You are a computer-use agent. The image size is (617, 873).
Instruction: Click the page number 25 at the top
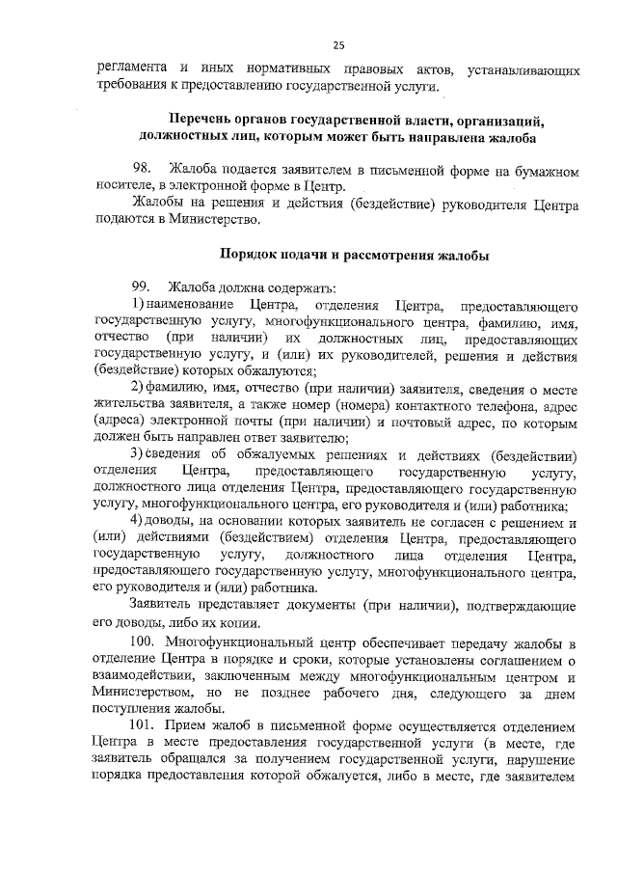[338, 44]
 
